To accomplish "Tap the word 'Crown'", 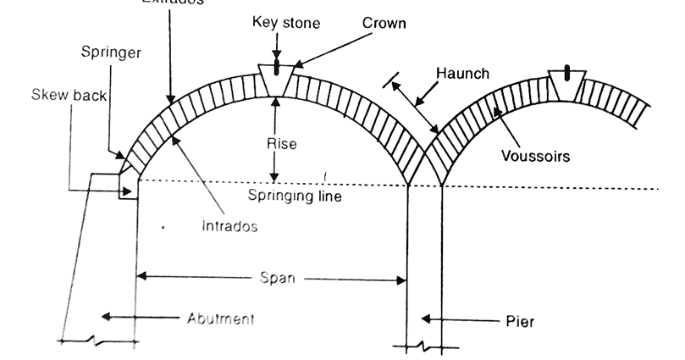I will [384, 24].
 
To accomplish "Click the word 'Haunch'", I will [462, 74].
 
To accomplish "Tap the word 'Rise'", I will [282, 144].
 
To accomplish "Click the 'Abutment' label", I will [221, 318].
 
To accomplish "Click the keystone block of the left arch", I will [276, 80].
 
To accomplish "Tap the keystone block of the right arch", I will [566, 83].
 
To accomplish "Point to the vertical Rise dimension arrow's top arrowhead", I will [274, 99].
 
